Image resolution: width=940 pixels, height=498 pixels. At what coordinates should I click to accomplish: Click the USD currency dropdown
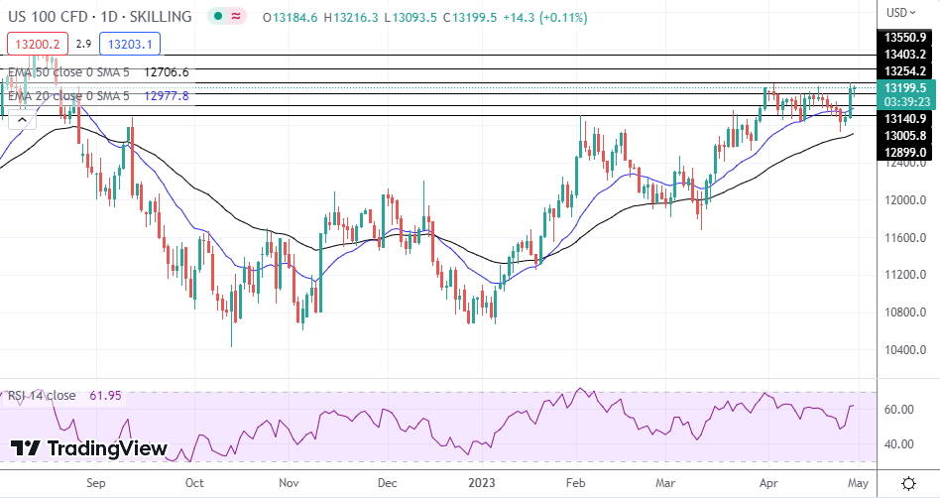tap(900, 13)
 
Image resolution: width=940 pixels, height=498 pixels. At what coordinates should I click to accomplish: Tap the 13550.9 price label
tap(905, 37)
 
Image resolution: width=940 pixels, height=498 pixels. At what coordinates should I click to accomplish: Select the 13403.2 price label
tap(905, 54)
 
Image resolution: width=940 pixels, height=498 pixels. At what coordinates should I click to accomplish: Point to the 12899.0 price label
tap(905, 152)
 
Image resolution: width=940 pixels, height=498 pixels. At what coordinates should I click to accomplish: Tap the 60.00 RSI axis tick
tap(898, 409)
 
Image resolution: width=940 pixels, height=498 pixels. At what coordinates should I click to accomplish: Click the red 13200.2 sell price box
tap(36, 44)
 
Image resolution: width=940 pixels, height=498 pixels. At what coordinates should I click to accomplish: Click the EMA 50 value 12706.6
tap(167, 72)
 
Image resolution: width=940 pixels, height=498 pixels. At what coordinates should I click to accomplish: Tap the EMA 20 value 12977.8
tap(167, 95)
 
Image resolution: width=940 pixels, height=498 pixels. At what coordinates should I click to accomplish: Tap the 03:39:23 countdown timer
tap(905, 102)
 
